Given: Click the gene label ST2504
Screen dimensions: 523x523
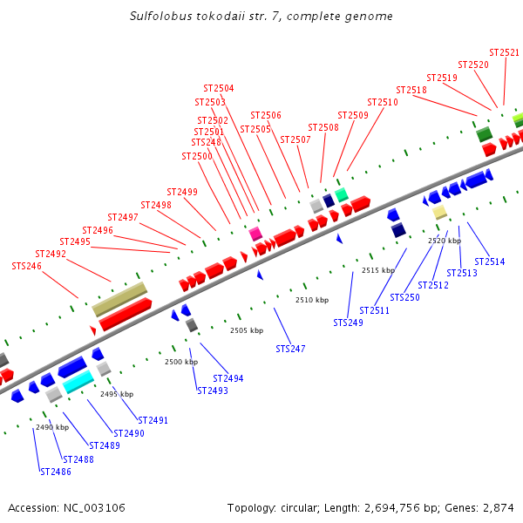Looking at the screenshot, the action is pos(219,88).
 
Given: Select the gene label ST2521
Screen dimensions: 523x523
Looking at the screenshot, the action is pos(504,52).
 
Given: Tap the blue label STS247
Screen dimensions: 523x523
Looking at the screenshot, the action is pos(291,349).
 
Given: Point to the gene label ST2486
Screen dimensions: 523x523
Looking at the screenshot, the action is pos(56,472).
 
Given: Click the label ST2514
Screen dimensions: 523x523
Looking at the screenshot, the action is pos(490,261).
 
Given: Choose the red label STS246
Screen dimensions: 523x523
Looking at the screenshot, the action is pos(26,266).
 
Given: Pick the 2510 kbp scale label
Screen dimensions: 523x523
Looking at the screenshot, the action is pos(312,300).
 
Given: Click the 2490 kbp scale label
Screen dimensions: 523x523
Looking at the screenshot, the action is pos(52,427).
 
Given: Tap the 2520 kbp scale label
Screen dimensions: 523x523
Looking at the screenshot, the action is pos(445,241).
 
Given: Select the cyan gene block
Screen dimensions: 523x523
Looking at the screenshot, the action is pos(78,381).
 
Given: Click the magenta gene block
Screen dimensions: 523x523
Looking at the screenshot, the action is pos(255,234).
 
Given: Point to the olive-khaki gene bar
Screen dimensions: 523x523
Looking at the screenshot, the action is pos(119,299).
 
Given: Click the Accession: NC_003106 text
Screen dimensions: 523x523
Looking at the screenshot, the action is pos(66,507).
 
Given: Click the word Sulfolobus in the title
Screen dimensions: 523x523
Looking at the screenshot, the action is pos(160,17).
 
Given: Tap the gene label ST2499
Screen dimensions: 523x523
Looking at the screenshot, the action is pos(182,192).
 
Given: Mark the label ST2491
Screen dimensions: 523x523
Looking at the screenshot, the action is pos(153,420).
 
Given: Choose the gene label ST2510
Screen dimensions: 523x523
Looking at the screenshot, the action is pos(383,102).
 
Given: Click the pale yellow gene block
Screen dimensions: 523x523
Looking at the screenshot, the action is pos(440,212).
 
